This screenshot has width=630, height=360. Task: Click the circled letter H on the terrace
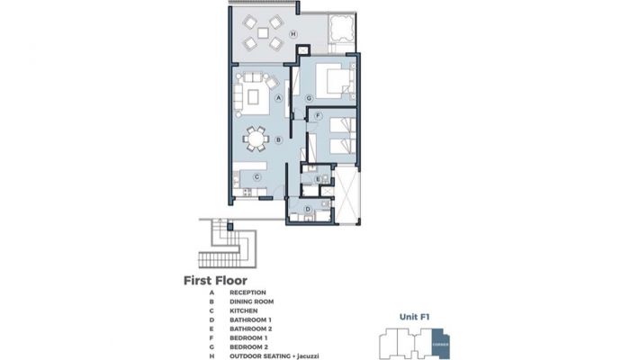point(293,34)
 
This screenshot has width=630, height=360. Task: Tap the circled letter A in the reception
point(278,97)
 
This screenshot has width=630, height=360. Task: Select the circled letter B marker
point(278,140)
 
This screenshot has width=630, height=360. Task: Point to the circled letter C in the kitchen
point(256,177)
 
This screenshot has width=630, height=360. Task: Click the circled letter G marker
point(309,98)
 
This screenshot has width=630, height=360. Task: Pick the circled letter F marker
point(319,116)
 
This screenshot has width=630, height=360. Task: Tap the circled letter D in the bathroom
point(308,209)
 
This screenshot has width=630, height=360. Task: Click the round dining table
point(256,139)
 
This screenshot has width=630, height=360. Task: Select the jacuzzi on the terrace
point(342,29)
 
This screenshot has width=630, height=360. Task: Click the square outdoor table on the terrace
point(263,32)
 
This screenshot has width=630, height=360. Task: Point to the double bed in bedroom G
point(333,81)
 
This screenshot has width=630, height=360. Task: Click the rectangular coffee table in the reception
point(253,97)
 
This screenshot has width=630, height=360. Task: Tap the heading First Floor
point(215,281)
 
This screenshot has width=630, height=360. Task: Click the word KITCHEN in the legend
point(244,310)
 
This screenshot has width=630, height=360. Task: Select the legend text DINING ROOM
point(251,301)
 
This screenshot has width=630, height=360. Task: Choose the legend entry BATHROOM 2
point(251,328)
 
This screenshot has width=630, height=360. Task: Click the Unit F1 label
point(415,317)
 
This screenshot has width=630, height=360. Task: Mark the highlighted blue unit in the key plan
point(441,344)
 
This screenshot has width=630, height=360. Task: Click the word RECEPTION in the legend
point(247,292)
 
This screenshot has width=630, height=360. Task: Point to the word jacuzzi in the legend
point(308,356)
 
